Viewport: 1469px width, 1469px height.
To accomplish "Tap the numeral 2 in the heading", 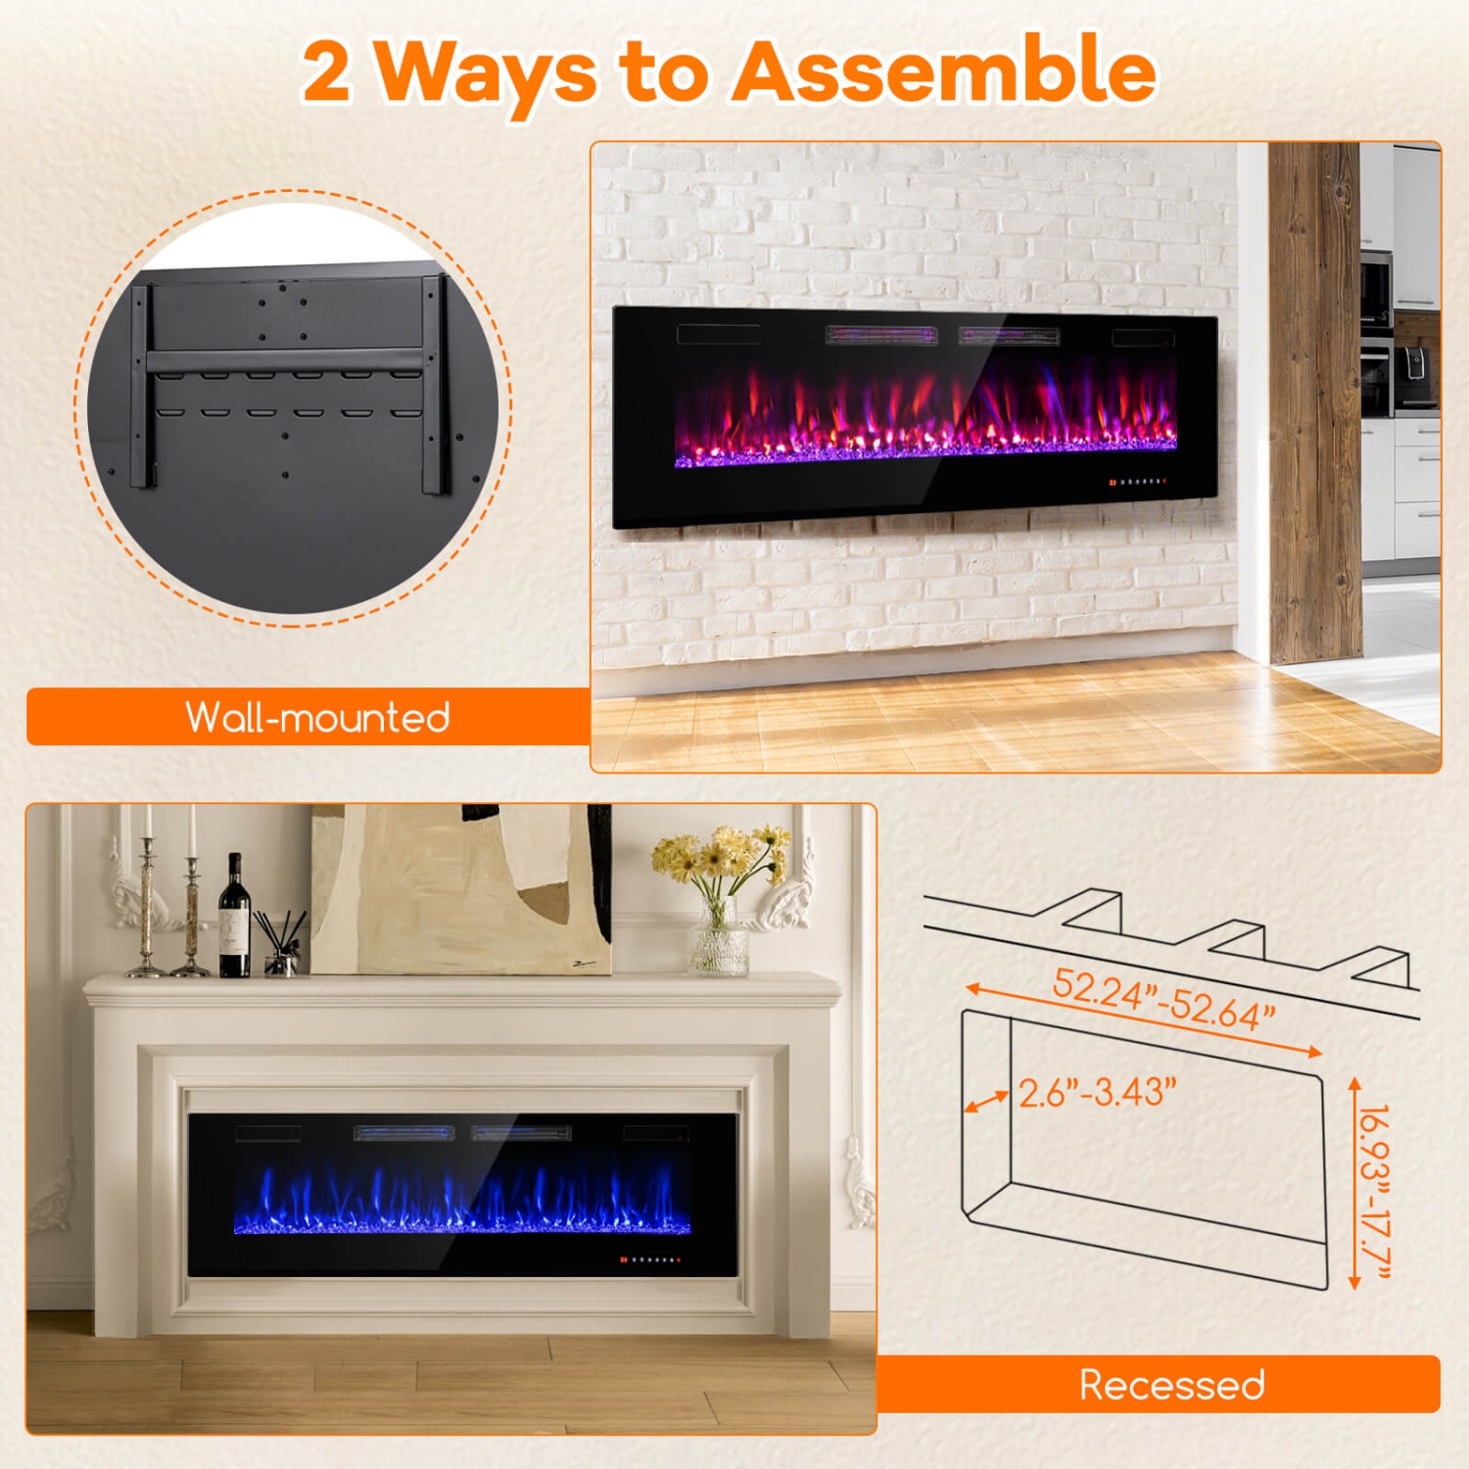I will (x=326, y=72).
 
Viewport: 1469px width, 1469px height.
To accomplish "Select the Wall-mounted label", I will (x=317, y=717).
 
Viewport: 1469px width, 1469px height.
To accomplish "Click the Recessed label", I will (x=1171, y=1384).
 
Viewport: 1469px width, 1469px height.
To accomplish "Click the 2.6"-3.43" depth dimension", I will (x=1097, y=1092).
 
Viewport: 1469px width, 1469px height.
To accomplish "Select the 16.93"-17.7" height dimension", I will (x=1375, y=1190).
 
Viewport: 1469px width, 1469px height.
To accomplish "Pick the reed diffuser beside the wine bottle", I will (x=280, y=945).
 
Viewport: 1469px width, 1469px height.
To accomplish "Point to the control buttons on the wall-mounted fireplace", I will (x=1138, y=482).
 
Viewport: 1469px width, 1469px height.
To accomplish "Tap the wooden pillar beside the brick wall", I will (x=1315, y=402).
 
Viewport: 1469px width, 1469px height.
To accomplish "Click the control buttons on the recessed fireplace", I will (x=649, y=1259).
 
